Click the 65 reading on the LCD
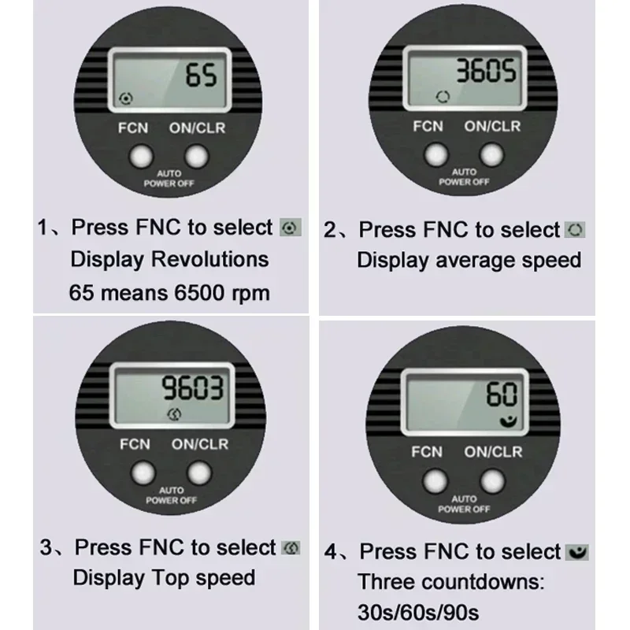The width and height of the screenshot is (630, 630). tap(202, 75)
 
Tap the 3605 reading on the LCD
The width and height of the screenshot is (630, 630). tap(486, 71)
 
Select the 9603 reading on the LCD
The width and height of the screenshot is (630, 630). tap(192, 388)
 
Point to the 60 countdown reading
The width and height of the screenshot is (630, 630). tap(502, 394)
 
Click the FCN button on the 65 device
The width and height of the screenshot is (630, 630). tap(141, 156)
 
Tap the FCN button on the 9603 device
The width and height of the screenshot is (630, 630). tap(143, 473)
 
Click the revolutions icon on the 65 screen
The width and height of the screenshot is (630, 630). tap(126, 98)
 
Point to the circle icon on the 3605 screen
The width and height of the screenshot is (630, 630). tap(443, 97)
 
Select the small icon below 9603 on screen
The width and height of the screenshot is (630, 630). tap(174, 414)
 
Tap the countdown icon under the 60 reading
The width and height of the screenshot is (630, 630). tap(508, 421)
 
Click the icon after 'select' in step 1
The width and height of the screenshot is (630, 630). tap(291, 228)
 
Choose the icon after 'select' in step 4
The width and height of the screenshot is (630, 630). tap(577, 552)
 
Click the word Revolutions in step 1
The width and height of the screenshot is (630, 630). tap(209, 259)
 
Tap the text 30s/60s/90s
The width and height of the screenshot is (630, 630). tap(418, 613)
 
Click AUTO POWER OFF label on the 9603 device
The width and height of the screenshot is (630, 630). tap(171, 495)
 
